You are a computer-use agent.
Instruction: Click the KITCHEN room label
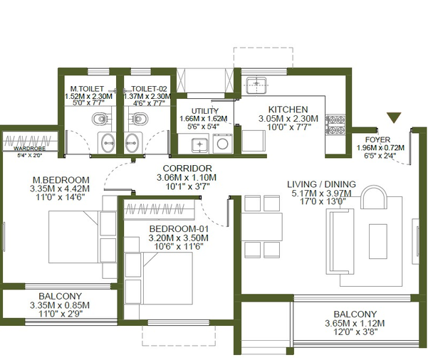[288, 110]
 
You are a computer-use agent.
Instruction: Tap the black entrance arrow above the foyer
[394, 117]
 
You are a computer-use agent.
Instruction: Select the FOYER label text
[377, 139]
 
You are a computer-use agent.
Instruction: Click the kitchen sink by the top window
[256, 85]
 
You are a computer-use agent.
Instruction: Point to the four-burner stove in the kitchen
[335, 125]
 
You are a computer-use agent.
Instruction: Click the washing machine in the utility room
[223, 144]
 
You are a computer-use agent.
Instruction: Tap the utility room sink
[199, 144]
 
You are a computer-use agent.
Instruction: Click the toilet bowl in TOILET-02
[138, 119]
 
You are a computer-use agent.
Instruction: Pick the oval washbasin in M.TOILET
[108, 143]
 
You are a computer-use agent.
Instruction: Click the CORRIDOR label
[187, 169]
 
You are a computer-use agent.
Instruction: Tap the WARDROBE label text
[29, 149]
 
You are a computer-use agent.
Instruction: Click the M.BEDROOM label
[61, 180]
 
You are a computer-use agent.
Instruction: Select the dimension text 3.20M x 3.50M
[178, 238]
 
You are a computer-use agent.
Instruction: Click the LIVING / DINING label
[321, 184]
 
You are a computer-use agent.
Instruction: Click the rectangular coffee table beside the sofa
[377, 241]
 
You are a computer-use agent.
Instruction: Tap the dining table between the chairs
[262, 227]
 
